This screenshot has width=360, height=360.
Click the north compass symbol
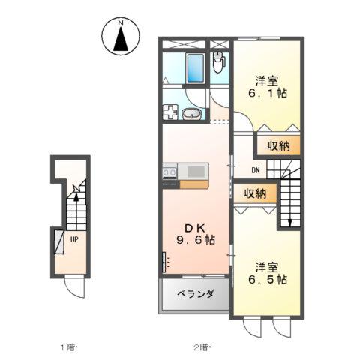(x=121, y=37)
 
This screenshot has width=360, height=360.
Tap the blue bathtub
(x=194, y=68)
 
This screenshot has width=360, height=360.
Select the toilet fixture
(x=219, y=64)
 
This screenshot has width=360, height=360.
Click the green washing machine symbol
(x=169, y=113)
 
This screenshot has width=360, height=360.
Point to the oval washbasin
(x=192, y=114)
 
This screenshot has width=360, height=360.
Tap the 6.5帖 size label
(x=268, y=279)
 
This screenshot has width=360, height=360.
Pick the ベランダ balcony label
(x=195, y=295)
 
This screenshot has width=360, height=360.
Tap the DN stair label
(x=255, y=170)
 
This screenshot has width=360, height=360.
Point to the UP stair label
(x=75, y=240)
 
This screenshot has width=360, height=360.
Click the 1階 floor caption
(x=69, y=347)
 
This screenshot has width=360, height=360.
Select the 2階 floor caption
(x=202, y=347)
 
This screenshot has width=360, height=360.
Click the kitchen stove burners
(x=169, y=173)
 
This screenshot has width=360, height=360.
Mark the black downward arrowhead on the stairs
(x=287, y=223)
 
